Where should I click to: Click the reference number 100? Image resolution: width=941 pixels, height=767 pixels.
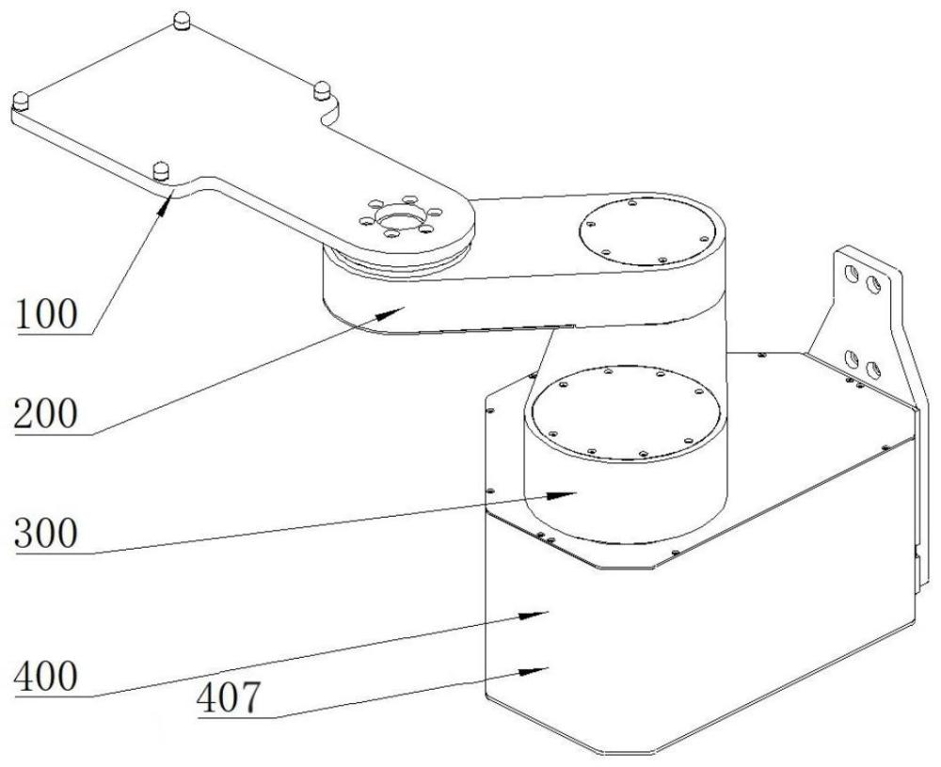click(x=46, y=314)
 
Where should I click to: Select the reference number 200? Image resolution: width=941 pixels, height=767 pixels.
click(x=46, y=414)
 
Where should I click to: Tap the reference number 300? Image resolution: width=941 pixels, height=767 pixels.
click(x=46, y=533)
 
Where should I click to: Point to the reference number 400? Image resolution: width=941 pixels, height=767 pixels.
click(x=46, y=677)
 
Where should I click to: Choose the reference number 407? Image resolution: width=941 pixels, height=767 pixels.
click(x=230, y=697)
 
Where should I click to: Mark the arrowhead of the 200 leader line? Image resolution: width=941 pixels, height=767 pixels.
click(x=391, y=312)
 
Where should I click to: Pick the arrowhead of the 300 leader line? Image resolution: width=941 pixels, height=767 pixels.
click(x=562, y=495)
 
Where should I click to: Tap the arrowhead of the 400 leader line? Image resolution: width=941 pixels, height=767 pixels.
click(x=534, y=615)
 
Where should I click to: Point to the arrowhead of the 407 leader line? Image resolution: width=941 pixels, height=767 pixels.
click(x=534, y=670)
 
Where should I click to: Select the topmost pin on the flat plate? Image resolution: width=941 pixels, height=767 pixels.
click(x=182, y=21)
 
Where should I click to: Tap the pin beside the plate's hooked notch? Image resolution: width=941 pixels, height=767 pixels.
click(x=322, y=90)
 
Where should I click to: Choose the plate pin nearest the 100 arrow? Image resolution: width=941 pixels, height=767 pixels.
click(x=162, y=170)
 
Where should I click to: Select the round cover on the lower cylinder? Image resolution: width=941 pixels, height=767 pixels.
click(x=626, y=413)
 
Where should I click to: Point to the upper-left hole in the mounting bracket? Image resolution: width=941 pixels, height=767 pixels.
click(x=851, y=274)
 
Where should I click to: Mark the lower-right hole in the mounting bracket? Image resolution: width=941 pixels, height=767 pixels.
click(x=874, y=369)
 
